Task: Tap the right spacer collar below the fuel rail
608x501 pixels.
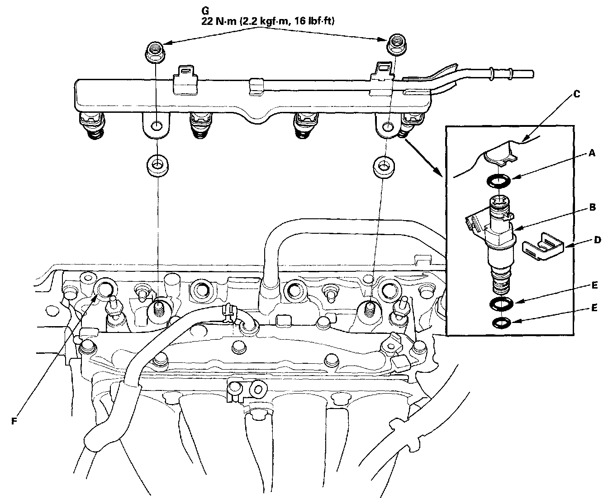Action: click(384, 165)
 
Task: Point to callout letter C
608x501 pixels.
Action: click(576, 94)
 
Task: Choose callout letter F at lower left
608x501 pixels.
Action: click(14, 421)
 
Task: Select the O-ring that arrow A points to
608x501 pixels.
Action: click(498, 181)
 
